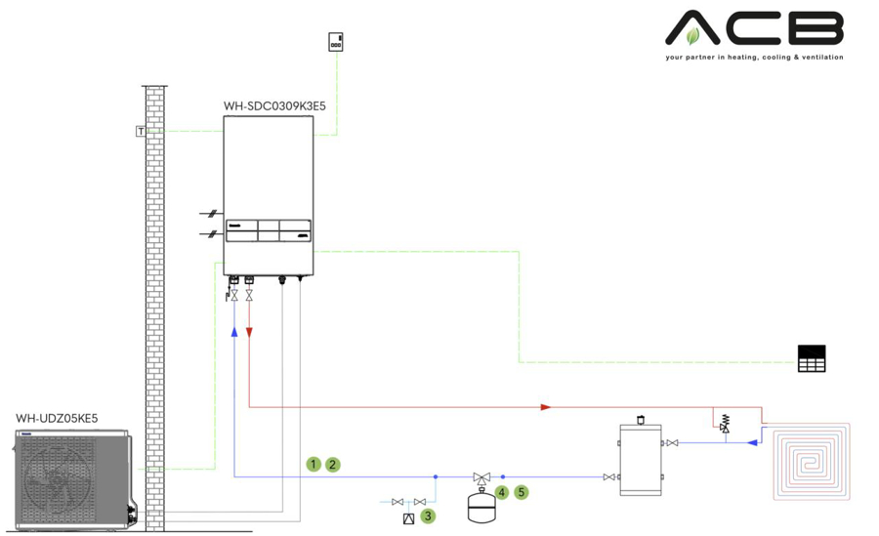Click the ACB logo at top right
tap(754, 28)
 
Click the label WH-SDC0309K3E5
tap(274, 105)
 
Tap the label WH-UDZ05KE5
tap(57, 419)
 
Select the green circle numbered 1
tap(314, 465)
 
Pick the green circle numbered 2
tap(333, 465)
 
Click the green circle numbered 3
tap(429, 515)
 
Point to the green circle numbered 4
tap(502, 492)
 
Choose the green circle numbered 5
tap(522, 492)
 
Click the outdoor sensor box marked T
tap(142, 131)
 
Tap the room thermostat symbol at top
tap(336, 42)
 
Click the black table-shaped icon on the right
tap(812, 358)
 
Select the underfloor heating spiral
tap(812, 461)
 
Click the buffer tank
tap(641, 459)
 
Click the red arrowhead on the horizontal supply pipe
tap(546, 406)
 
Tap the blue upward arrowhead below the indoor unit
tap(234, 332)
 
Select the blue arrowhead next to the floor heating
tap(752, 442)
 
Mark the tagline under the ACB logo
tap(754, 58)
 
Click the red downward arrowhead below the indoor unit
tap(250, 332)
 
